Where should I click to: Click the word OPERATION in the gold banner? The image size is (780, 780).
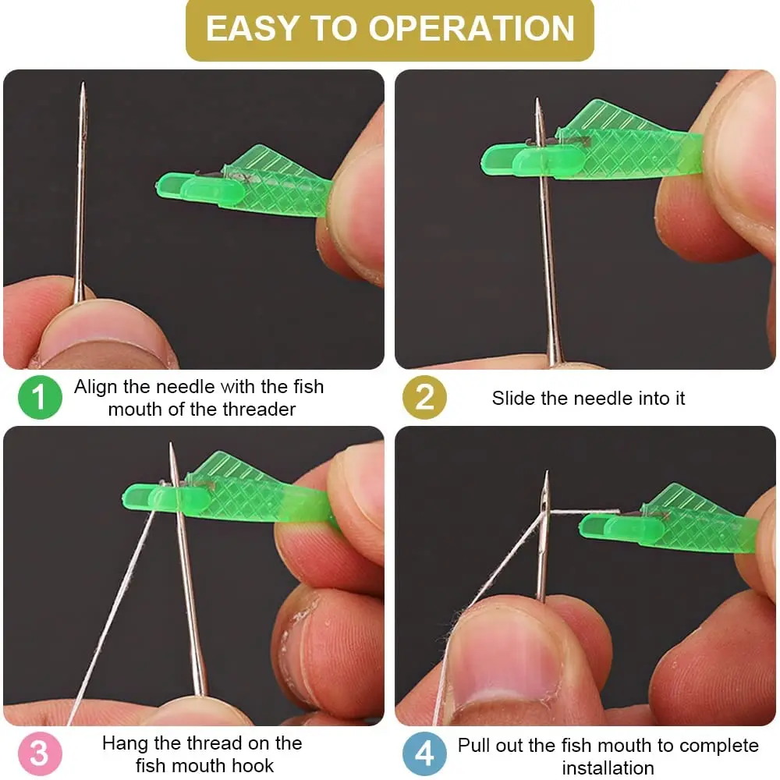click(472, 28)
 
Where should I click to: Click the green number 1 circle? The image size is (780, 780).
click(40, 397)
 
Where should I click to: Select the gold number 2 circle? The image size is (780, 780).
click(424, 397)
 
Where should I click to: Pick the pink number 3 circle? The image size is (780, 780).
click(40, 753)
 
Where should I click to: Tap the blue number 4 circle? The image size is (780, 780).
click(424, 753)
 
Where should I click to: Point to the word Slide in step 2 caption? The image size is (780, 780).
click(514, 398)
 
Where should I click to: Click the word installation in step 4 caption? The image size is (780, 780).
click(608, 768)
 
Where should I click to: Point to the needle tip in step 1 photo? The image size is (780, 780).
click(83, 83)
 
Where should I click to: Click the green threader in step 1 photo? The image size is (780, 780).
click(243, 183)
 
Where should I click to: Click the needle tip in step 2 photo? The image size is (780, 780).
click(537, 99)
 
